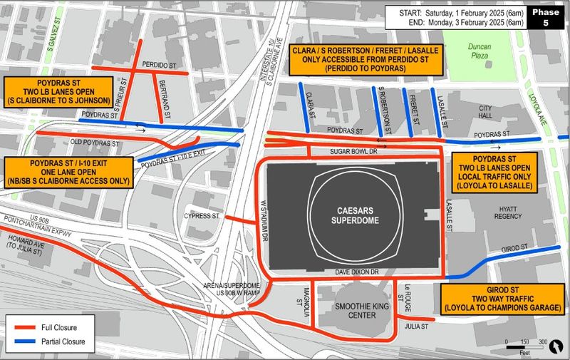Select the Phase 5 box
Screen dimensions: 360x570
tap(547, 17)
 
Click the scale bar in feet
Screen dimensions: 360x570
tap(527, 346)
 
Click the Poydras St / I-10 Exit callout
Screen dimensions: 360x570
tap(68, 172)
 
